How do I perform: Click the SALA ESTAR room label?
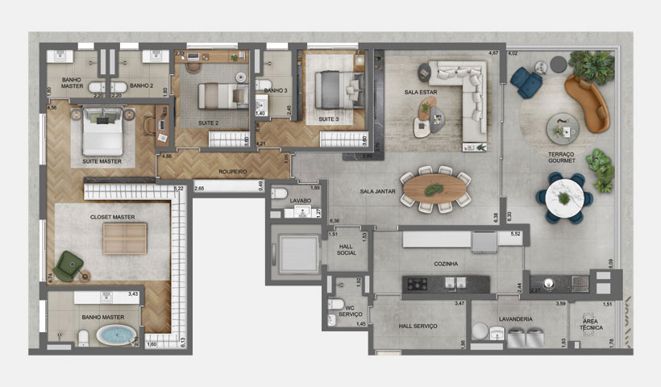pos(420,93)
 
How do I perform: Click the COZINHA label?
pos(445,264)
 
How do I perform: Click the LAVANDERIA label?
pos(515,319)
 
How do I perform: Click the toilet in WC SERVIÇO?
pos(336,305)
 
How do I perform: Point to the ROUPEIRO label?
pos(231,172)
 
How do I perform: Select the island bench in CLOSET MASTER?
pos(124,239)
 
